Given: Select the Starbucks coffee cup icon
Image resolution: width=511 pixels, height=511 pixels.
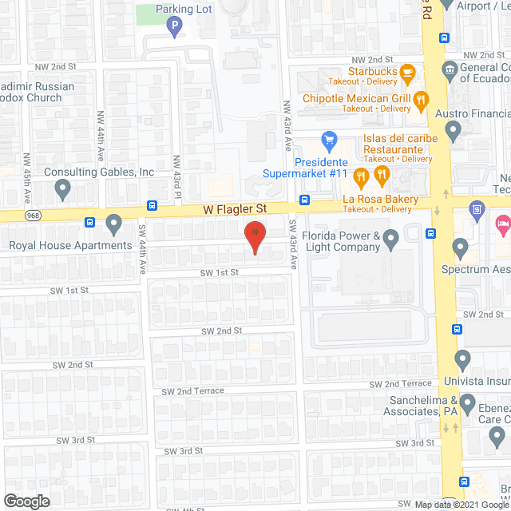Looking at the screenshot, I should (407, 73).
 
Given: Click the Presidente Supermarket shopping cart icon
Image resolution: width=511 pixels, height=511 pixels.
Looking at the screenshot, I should (328, 141).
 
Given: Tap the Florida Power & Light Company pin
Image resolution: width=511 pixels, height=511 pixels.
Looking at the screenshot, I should (390, 238).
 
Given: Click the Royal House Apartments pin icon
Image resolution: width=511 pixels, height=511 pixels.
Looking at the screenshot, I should (113, 224).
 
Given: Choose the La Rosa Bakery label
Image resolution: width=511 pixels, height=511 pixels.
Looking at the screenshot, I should (381, 199).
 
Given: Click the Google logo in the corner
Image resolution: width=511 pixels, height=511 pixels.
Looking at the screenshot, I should (26, 501).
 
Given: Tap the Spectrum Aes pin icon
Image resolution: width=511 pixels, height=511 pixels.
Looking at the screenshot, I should (459, 248).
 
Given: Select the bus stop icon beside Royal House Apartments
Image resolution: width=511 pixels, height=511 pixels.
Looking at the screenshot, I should (89, 223).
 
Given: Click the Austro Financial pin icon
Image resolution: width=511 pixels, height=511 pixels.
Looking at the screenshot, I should (454, 129).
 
